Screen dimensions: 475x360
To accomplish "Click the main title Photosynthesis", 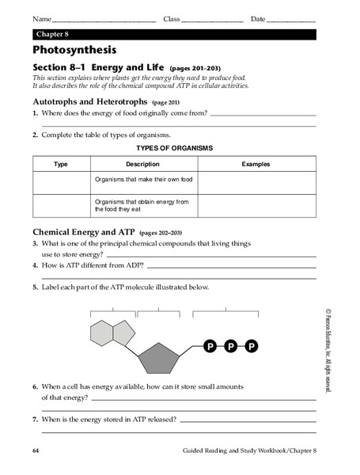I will point(75,50).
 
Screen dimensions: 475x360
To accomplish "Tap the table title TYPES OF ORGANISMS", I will point(174,148).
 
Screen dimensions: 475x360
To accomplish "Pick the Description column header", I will point(142,165).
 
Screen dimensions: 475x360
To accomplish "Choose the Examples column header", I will point(255,165).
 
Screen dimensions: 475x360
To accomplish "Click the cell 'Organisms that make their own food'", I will point(143,180).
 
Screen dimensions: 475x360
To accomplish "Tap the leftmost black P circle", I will point(210,346).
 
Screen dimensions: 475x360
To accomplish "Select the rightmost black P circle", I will point(252,346).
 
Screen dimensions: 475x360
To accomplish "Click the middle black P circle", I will point(231,346).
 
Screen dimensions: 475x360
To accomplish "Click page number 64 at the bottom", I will point(36,450).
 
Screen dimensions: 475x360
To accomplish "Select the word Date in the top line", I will point(258,18).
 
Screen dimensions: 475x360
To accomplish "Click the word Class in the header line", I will point(172,18).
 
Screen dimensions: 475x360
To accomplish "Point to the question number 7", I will point(36,420).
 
